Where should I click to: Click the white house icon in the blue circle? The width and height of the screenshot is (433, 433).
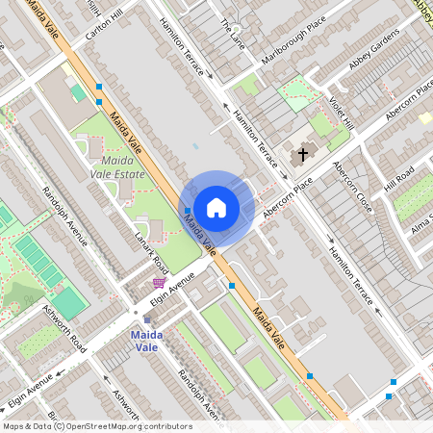(x=216, y=207)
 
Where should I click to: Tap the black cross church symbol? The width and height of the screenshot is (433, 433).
(x=303, y=154)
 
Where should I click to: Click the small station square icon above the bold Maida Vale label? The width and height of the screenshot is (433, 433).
(x=147, y=320)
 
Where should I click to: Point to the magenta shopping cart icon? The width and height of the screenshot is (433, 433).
(x=159, y=282)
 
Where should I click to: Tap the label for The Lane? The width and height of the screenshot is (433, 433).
(x=233, y=34)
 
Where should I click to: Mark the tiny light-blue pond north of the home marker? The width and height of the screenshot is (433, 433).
(x=195, y=146)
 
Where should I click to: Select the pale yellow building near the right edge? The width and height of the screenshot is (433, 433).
(x=425, y=118)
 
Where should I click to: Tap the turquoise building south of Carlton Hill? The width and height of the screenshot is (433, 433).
(x=77, y=92)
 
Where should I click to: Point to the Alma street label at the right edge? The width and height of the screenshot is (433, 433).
(x=421, y=228)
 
